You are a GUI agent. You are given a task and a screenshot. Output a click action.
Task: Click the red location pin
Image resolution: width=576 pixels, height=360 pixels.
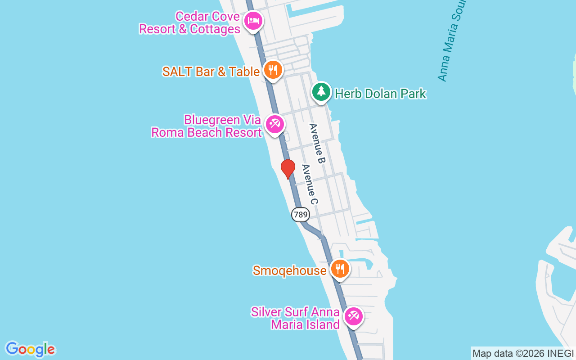[288, 169]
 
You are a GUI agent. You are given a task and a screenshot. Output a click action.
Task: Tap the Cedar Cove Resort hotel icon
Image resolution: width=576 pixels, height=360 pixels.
[253, 21]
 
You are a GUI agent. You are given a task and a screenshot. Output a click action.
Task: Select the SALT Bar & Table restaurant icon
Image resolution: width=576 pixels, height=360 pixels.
[272, 70]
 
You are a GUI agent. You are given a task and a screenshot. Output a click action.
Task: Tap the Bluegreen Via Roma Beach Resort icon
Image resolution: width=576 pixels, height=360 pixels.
[274, 124]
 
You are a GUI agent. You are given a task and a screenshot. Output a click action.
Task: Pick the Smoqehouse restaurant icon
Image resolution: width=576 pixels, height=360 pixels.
[340, 269]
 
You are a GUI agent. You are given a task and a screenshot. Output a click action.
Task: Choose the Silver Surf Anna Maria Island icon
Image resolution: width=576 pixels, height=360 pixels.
[353, 316]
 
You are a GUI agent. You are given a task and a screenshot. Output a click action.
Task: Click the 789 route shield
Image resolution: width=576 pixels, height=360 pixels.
[300, 215]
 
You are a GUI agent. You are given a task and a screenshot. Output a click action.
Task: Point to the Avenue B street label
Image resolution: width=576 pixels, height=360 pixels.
[317, 143]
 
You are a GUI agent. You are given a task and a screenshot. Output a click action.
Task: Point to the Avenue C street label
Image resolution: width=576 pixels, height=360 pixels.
[310, 184]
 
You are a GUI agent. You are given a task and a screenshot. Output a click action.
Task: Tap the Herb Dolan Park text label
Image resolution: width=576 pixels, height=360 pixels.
[381, 94]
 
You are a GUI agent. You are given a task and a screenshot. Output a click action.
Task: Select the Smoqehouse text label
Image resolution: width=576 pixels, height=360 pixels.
[289, 270]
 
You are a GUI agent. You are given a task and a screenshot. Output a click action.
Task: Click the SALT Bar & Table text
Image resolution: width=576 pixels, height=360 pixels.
[211, 72]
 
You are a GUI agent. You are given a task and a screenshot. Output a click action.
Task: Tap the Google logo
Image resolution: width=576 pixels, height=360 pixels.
[30, 349]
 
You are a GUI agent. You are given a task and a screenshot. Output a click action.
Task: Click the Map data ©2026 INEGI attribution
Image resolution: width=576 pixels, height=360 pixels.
[523, 354]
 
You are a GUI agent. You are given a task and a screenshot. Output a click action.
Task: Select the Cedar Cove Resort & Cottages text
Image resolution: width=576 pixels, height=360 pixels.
[189, 23]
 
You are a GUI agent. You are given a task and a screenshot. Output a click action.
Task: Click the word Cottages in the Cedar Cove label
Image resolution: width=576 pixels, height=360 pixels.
[215, 29]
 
